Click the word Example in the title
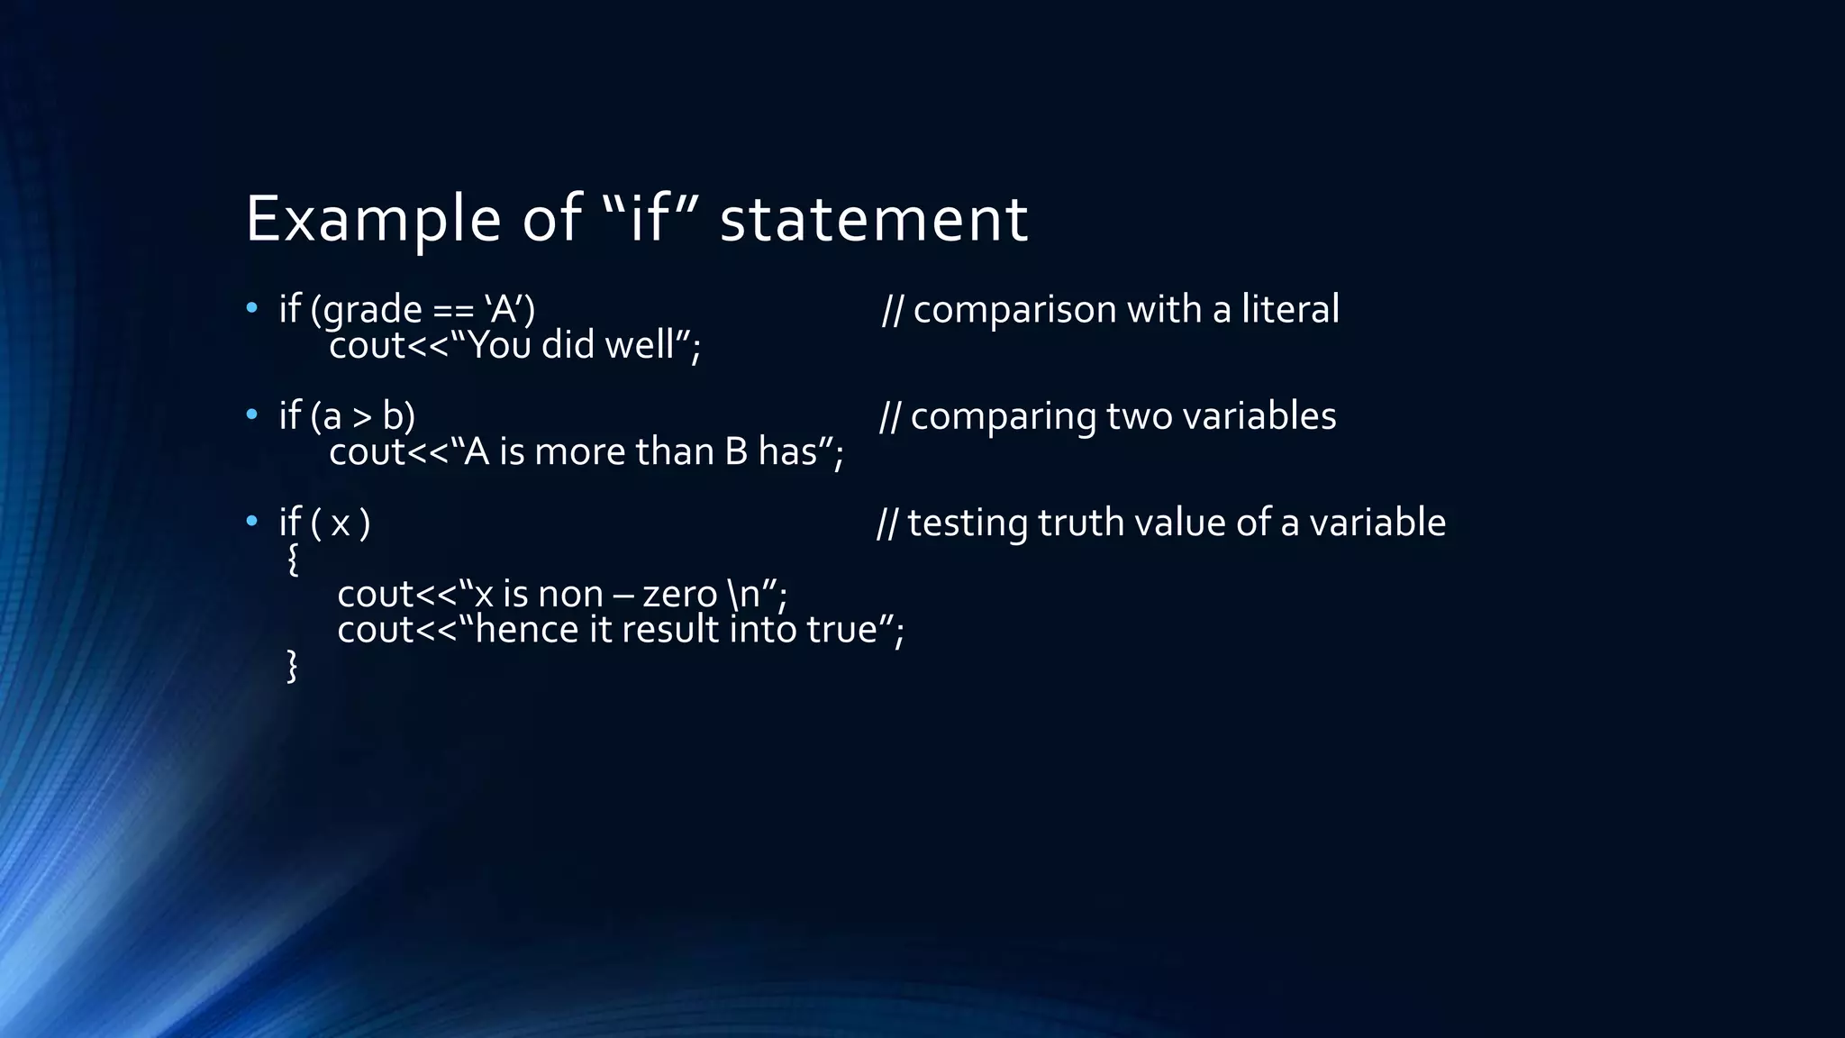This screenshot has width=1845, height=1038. pos(373,219)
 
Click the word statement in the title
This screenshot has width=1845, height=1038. pos(873,219)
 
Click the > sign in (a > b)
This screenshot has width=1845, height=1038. pos(361,417)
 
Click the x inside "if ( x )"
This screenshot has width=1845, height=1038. pos(340,524)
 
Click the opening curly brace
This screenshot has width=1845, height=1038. pos(292,560)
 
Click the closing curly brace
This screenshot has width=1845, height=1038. pos(292,667)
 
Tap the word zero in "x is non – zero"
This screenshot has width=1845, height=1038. pos(679,595)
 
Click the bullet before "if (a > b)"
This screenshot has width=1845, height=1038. pos(252,415)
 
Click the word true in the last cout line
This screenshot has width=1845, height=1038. pos(841,630)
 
